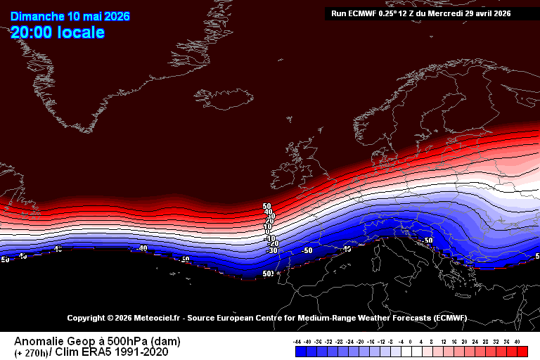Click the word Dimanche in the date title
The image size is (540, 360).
37,16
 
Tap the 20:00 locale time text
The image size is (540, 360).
58,32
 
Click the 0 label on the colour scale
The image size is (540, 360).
411,342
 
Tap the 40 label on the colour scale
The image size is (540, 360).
518,342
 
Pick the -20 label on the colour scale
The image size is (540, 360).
361,342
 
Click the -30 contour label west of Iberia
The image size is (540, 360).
271,250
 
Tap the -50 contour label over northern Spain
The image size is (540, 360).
307,250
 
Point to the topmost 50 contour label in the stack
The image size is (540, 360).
267,207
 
